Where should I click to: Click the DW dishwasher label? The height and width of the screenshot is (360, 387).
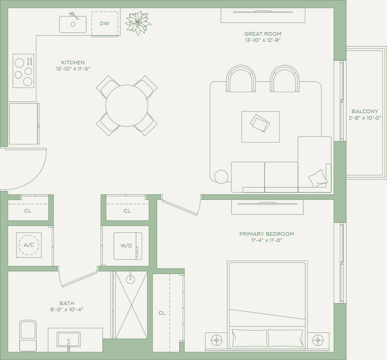[104, 24]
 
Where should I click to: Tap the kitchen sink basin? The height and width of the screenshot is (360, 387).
[73, 24]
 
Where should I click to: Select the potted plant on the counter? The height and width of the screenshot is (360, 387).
[138, 23]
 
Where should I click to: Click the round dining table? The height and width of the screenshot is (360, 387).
[127, 106]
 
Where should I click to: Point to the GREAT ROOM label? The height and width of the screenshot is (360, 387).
[263, 34]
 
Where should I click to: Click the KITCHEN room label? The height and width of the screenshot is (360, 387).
[73, 62]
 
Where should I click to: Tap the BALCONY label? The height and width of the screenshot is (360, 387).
[365, 111]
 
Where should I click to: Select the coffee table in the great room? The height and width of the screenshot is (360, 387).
[260, 127]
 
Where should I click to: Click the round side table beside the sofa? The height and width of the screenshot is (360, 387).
[221, 177]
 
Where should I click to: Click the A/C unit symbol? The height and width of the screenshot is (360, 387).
[29, 245]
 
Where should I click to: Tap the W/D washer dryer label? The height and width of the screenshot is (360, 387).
[126, 246]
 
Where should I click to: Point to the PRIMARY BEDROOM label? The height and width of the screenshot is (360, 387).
[267, 234]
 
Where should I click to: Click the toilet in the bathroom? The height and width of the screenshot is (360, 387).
[28, 336]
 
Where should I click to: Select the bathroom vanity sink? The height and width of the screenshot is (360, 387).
[68, 339]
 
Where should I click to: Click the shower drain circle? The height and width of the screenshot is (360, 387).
[130, 279]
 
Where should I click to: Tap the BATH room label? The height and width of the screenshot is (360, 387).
[67, 303]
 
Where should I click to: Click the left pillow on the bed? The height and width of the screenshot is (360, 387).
[249, 338]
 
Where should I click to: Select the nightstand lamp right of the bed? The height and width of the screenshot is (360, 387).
[318, 340]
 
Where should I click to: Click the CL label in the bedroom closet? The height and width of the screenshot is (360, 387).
[162, 313]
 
